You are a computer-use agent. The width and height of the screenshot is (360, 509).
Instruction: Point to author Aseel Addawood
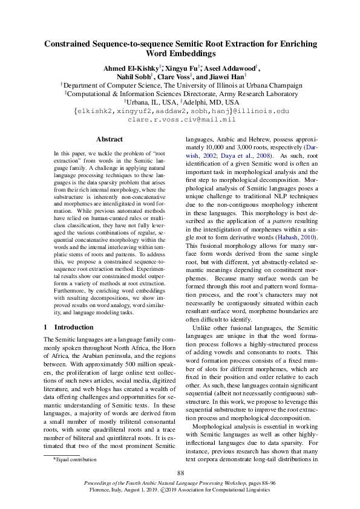point(231,68)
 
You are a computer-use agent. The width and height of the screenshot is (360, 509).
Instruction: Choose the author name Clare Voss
point(174,77)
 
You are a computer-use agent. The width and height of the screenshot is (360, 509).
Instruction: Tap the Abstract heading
point(110,139)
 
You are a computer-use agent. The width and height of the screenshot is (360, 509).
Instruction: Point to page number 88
point(180,472)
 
